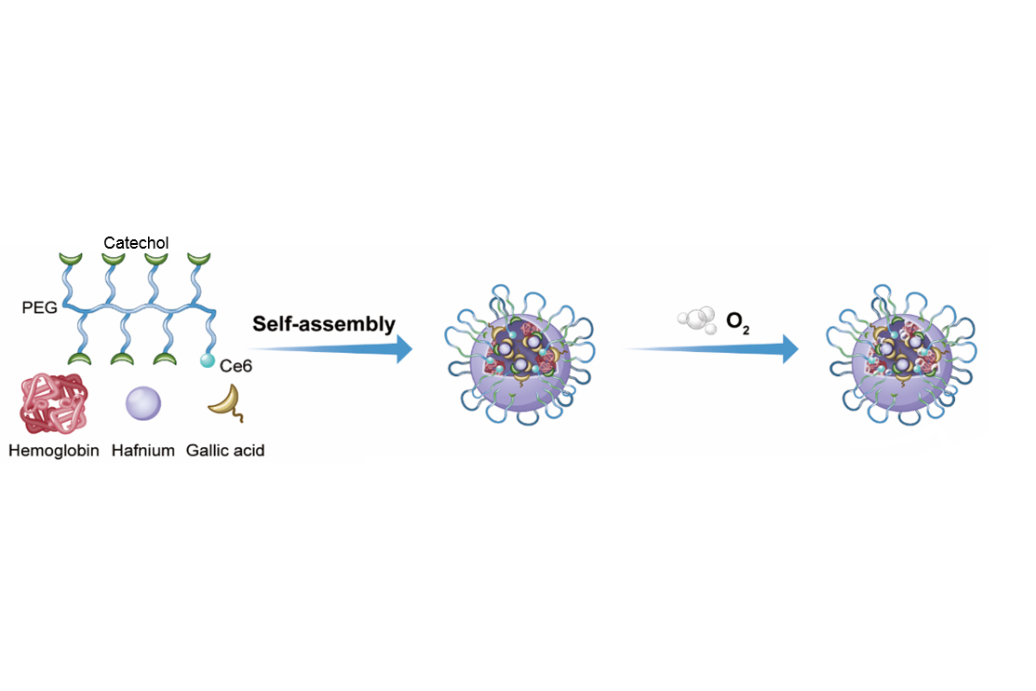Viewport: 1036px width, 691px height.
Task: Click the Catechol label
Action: tap(136, 243)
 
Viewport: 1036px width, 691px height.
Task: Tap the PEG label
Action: tap(41, 305)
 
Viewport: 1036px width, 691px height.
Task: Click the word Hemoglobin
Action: tap(53, 451)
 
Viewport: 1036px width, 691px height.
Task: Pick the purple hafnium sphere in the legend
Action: tap(142, 403)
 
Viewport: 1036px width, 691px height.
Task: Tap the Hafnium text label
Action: tap(142, 451)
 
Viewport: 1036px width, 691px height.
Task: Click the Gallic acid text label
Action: tap(225, 451)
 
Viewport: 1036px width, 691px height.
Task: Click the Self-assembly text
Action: tap(324, 324)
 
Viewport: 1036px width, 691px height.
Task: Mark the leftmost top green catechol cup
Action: tap(71, 259)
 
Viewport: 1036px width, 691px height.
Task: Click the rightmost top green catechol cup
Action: tap(197, 259)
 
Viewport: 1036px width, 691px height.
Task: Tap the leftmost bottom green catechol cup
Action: tap(81, 359)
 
